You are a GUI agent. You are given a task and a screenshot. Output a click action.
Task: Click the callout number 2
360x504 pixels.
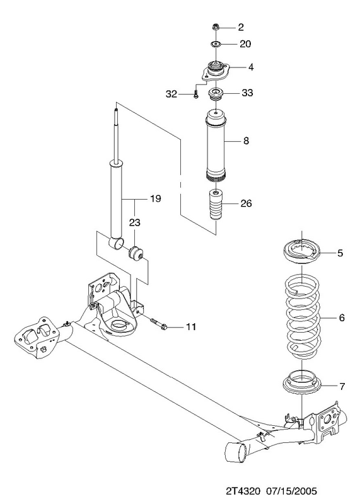pyautogui.click(x=241, y=27)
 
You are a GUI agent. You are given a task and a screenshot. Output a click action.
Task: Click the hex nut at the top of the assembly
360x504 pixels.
pyautogui.click(x=216, y=27)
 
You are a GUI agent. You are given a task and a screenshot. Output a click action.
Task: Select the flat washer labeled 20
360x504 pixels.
pyautogui.click(x=216, y=43)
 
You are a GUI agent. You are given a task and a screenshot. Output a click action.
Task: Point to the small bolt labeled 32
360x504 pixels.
pyautogui.click(x=196, y=94)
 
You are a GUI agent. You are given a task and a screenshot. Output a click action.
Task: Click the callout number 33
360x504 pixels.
pyautogui.click(x=247, y=93)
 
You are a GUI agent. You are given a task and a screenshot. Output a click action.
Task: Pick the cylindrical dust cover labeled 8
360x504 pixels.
pyautogui.click(x=215, y=146)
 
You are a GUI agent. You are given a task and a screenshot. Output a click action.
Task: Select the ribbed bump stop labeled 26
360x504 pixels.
pyautogui.click(x=215, y=205)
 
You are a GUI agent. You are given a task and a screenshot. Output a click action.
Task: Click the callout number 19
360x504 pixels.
pyautogui.click(x=155, y=198)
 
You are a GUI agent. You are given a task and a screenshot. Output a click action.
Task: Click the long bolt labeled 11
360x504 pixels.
pyautogui.click(x=159, y=324)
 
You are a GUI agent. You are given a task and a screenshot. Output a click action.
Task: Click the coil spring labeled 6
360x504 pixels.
pyautogui.click(x=303, y=317)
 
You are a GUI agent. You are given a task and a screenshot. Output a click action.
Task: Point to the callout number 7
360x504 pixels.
pyautogui.click(x=342, y=386)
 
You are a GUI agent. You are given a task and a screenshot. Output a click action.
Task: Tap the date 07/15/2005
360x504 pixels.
pyautogui.click(x=291, y=491)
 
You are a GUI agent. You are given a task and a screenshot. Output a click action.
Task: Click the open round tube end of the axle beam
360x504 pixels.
pyautogui.click(x=235, y=452)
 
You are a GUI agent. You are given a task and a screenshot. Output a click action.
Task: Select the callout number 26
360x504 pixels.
pyautogui.click(x=246, y=203)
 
